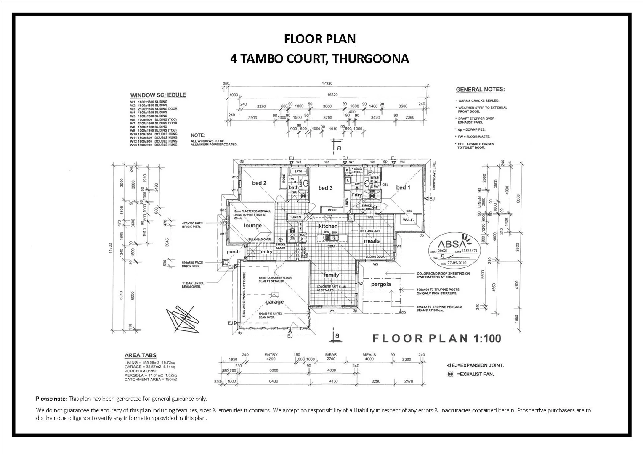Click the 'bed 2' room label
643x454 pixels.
(x=259, y=183)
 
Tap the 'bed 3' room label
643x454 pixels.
(x=325, y=188)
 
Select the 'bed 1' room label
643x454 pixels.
(x=403, y=187)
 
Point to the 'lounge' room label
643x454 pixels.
(x=253, y=226)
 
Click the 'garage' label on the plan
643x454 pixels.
(x=274, y=301)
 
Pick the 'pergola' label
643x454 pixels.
(x=381, y=284)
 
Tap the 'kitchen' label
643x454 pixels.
(x=328, y=226)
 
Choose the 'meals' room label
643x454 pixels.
(x=372, y=241)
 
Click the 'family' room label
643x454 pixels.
(x=331, y=275)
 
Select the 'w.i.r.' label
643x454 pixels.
(x=409, y=219)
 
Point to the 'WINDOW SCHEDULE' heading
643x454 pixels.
(x=158, y=95)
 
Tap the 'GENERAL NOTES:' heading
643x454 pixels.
(x=480, y=90)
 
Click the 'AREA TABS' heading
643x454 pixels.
(x=140, y=355)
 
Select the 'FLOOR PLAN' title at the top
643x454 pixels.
(x=319, y=39)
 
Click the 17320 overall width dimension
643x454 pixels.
(x=327, y=84)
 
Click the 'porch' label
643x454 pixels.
(x=233, y=252)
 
